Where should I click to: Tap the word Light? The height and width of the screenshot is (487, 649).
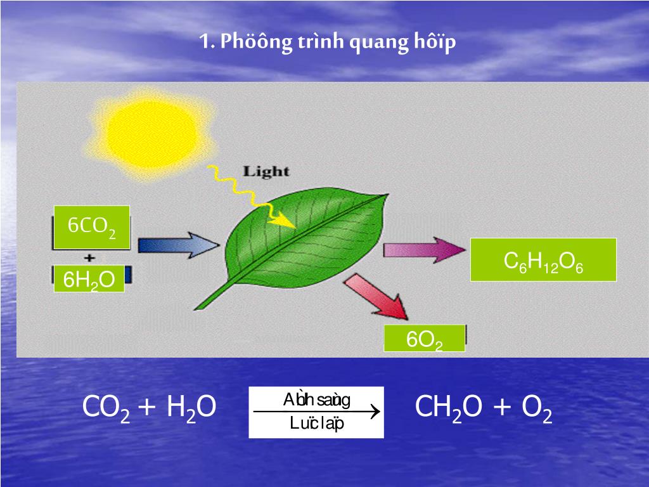266,171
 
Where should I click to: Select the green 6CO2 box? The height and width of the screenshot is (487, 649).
92,227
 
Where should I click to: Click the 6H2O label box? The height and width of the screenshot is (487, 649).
88,280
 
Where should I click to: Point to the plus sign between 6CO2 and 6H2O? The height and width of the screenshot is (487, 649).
89,257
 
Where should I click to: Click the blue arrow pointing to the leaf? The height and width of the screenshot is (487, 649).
177,245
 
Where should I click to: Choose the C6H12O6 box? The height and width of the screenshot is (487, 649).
543,260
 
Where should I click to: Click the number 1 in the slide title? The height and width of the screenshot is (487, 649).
203,43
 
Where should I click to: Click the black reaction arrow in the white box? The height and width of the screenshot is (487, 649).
316,412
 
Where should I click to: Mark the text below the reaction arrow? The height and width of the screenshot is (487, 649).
316,424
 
